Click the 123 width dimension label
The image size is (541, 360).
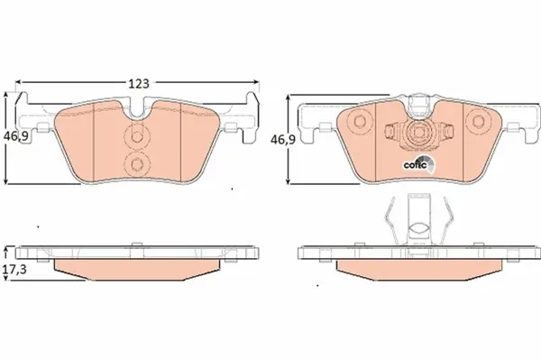[x=139, y=83]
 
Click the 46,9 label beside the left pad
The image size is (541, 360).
[x=15, y=136]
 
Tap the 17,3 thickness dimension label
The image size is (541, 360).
[x=14, y=269]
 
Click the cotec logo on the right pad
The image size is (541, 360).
[x=418, y=164]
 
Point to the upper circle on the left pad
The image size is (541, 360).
[x=137, y=136]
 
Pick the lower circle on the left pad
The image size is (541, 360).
[x=137, y=164]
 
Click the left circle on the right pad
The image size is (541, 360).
[x=360, y=122]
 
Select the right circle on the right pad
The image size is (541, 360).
[x=478, y=122]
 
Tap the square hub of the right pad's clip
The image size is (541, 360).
[x=418, y=133]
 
